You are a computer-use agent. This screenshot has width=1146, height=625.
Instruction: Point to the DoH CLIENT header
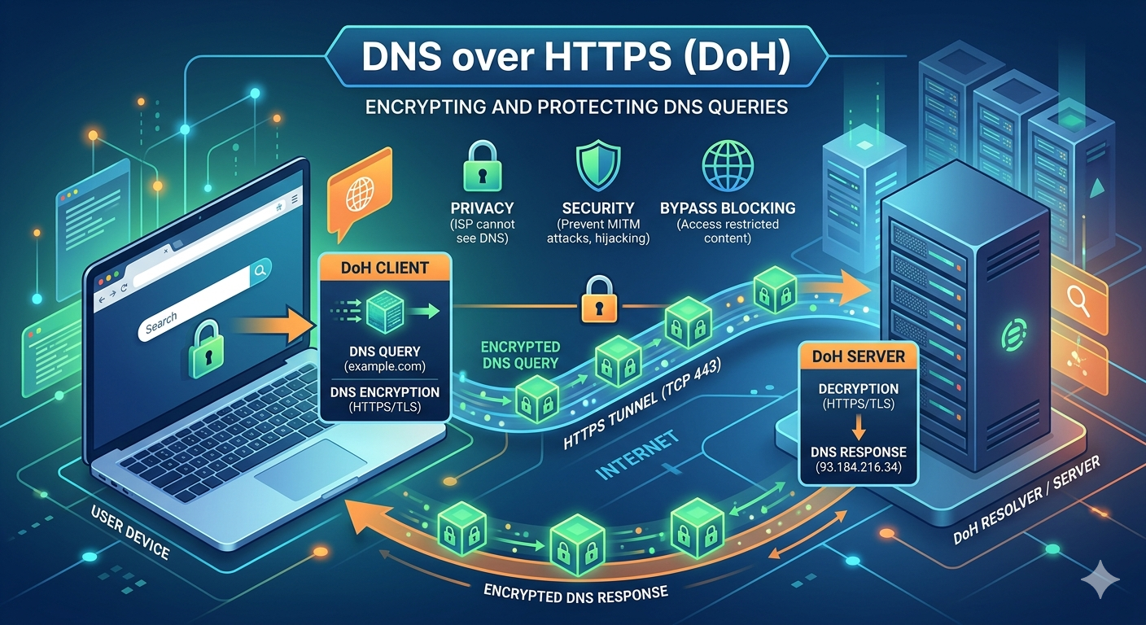click(x=386, y=268)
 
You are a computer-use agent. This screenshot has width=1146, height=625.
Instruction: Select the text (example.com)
click(x=386, y=368)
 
